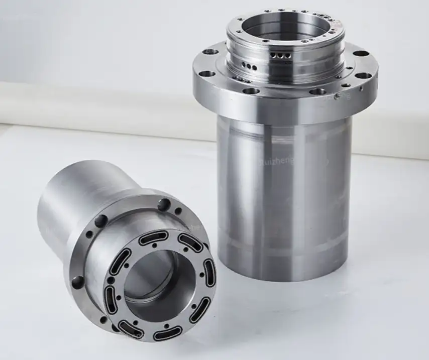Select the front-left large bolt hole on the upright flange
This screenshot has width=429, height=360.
coord(251,91)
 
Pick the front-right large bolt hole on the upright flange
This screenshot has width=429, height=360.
coord(317,91)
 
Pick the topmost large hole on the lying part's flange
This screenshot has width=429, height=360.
coord(164,204)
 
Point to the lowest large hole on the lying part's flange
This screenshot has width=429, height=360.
coord(78,282)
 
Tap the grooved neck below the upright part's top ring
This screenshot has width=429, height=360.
coord(261,60)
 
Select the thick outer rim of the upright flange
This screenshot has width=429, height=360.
coord(281,108)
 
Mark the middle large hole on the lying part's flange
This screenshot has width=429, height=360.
coord(100,221)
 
